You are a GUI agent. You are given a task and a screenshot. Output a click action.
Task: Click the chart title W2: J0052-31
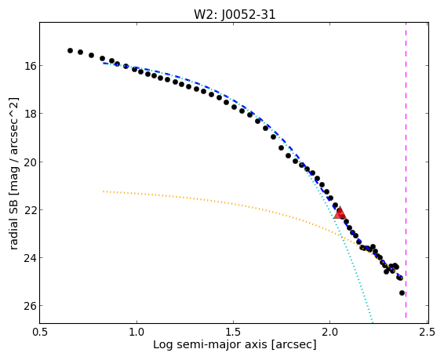click(x=235, y=14)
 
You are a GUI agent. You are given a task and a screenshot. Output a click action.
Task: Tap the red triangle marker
click(x=340, y=213)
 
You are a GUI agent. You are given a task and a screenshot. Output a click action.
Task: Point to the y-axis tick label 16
click(x=30, y=66)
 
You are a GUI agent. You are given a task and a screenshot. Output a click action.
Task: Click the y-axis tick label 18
click(x=30, y=114)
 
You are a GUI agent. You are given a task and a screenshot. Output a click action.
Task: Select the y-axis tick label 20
click(x=30, y=162)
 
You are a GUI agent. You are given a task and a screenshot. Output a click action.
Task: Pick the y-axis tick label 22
click(x=30, y=209)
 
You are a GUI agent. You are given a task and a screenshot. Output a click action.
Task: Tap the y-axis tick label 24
click(x=30, y=258)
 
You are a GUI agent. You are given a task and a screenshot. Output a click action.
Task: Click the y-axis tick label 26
click(x=30, y=306)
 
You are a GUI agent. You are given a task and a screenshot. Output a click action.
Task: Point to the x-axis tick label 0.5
click(x=40, y=332)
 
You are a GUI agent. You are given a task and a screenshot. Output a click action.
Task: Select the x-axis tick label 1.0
click(x=136, y=332)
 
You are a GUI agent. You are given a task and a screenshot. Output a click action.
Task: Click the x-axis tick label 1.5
click(x=233, y=332)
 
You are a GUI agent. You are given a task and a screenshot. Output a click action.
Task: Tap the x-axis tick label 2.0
click(x=330, y=332)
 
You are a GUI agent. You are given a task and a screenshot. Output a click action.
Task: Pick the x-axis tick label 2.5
click(x=427, y=332)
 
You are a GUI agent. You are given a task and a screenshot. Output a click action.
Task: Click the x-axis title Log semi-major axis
click(x=210, y=345)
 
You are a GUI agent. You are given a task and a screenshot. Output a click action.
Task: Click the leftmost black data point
click(x=71, y=51)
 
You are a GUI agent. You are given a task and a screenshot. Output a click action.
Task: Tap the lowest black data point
click(x=402, y=293)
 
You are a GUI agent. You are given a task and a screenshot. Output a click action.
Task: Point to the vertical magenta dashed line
click(x=406, y=173)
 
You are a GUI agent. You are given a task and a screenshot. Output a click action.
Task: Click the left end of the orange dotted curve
click(x=104, y=191)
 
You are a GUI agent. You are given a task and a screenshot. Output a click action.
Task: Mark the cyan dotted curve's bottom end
click(x=373, y=322)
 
